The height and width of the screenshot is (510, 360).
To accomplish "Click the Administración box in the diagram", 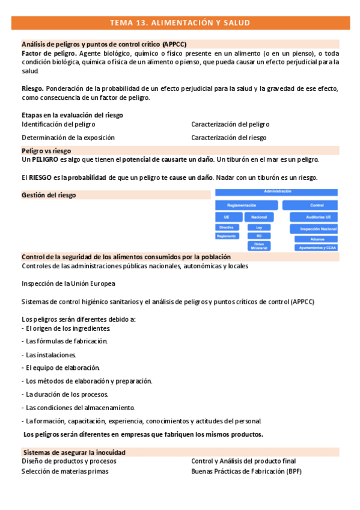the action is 277,192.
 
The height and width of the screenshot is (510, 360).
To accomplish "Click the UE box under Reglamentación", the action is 227,217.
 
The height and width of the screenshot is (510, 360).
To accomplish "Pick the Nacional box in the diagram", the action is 259,217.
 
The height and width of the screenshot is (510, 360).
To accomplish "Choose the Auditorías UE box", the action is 315,217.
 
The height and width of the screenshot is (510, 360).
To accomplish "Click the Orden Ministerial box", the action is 259,245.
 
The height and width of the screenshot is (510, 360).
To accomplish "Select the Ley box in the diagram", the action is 259,227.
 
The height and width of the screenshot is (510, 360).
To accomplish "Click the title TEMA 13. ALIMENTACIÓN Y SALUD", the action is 180,23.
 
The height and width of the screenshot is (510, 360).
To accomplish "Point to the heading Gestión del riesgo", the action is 49,195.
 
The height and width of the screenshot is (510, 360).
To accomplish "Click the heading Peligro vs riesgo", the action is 46,150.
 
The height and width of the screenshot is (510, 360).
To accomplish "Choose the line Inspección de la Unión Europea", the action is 69,283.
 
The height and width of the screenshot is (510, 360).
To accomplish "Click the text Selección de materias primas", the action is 65,472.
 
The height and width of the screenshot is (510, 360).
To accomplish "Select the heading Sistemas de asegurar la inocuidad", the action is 75,452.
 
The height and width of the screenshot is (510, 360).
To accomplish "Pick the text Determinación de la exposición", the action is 68,137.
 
